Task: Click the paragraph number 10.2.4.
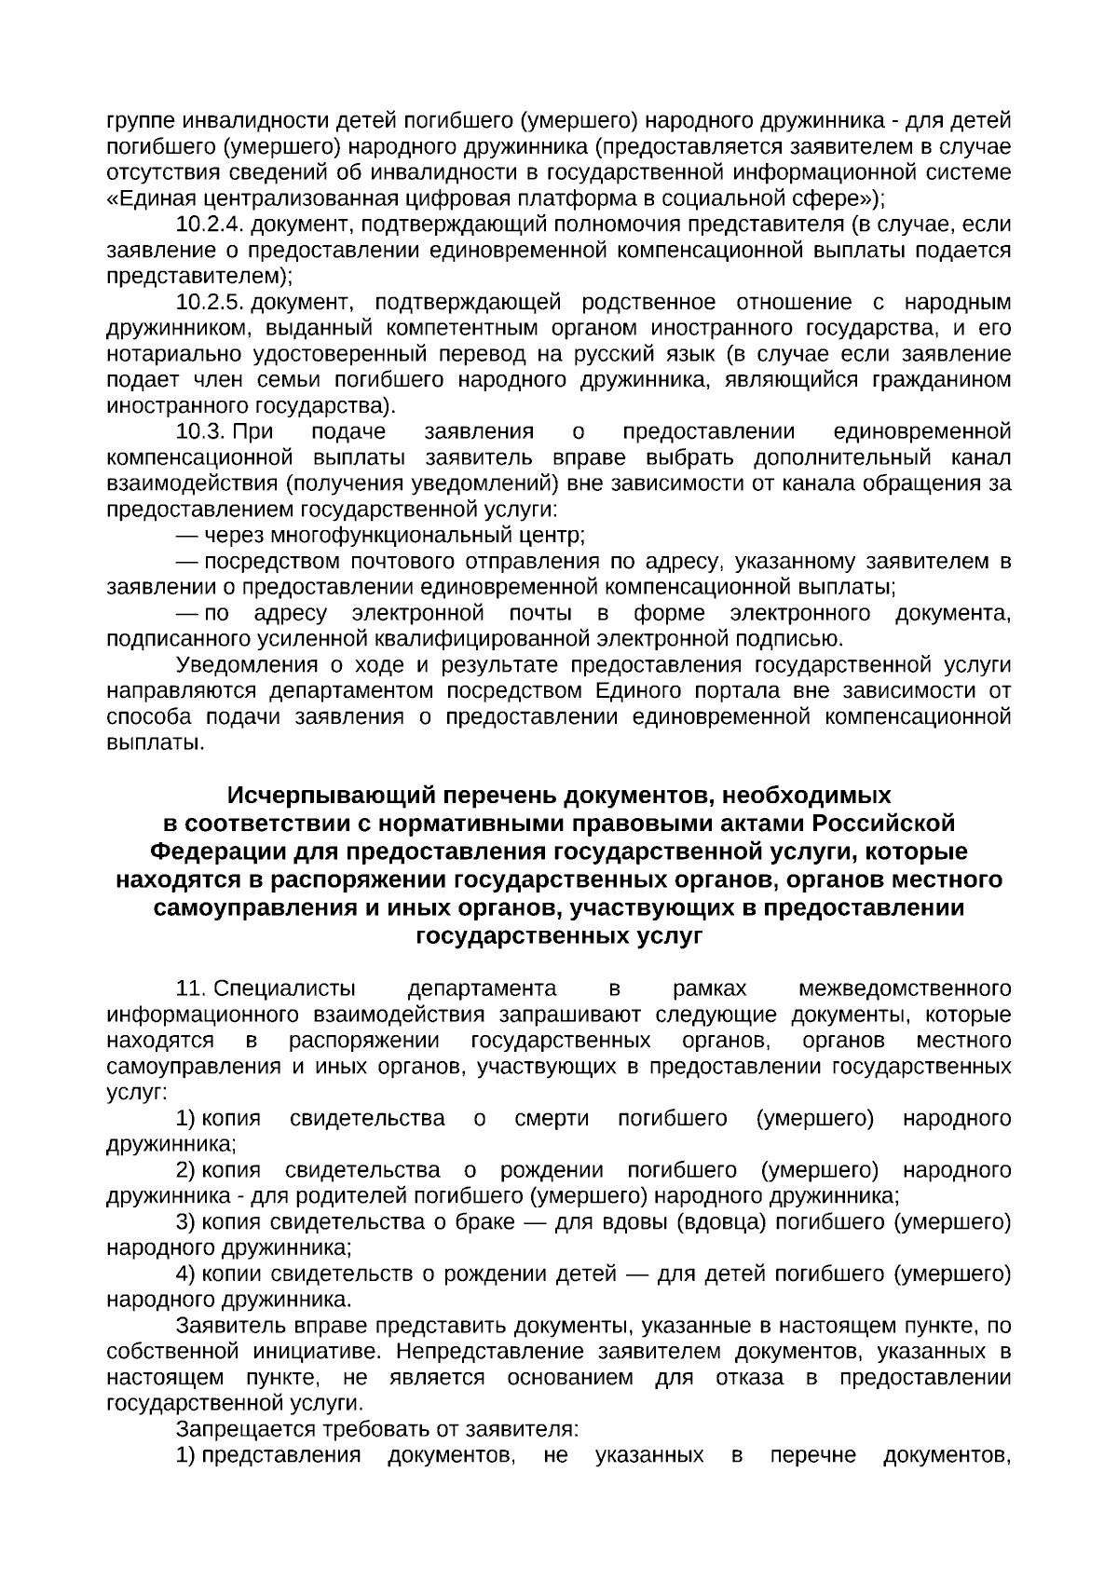(x=210, y=225)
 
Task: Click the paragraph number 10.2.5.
(x=210, y=302)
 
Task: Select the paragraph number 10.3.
(x=201, y=431)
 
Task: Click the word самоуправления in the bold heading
(x=250, y=907)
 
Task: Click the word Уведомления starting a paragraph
(x=242, y=665)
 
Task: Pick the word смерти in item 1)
(x=552, y=1118)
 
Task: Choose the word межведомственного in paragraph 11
(x=906, y=988)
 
